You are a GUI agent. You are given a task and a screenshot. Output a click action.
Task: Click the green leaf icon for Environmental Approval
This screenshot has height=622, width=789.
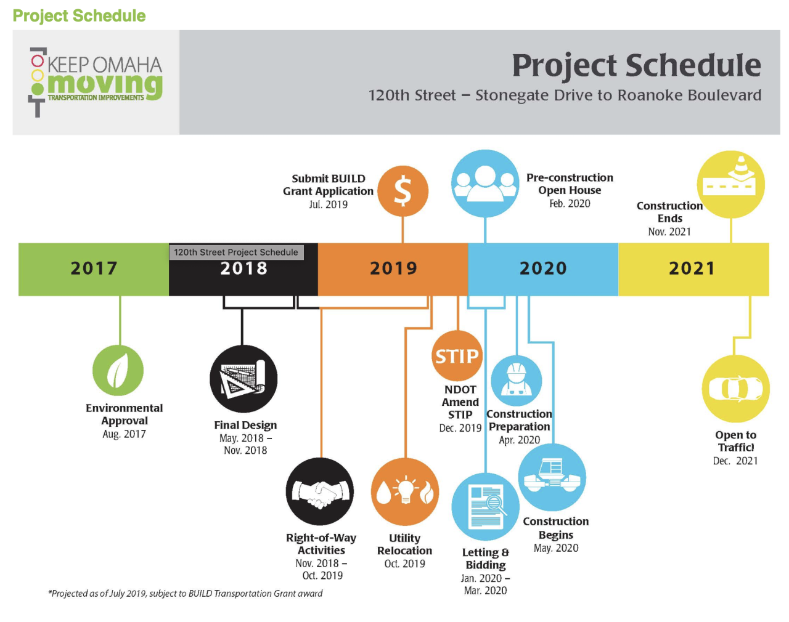118,370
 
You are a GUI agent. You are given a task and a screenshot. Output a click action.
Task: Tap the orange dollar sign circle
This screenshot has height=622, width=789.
403,191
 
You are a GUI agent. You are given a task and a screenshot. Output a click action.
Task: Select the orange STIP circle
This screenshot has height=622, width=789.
457,356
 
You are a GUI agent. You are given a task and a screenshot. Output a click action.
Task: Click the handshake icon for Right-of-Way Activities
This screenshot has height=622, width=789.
320,491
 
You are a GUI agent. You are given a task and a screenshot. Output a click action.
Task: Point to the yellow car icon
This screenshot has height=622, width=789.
735,389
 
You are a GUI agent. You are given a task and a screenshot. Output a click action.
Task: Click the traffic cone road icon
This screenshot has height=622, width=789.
730,184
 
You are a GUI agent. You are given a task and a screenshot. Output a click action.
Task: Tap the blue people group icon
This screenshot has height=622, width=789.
485,184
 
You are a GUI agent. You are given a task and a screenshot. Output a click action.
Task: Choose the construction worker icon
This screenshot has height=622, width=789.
516,381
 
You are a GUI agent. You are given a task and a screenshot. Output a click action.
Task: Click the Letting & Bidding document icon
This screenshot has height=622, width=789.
486,507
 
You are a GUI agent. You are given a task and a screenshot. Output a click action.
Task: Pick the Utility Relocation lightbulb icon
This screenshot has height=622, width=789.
405,491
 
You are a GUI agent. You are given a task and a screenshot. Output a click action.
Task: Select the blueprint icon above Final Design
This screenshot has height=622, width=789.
243,378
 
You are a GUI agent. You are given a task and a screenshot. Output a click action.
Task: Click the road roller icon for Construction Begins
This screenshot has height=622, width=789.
552,477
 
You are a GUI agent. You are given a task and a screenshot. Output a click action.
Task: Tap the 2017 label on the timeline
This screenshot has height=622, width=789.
94,268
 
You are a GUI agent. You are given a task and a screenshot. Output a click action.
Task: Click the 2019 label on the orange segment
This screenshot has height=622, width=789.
393,268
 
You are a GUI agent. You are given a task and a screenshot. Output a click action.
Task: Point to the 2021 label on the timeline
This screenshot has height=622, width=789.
692,268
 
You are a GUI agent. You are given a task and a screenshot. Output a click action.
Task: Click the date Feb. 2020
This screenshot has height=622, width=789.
570,204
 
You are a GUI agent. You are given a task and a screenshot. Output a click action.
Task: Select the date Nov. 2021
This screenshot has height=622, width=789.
669,232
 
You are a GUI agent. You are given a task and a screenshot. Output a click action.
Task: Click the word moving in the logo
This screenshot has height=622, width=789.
105,85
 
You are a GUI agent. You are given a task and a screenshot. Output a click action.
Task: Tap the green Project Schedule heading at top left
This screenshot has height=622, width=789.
79,16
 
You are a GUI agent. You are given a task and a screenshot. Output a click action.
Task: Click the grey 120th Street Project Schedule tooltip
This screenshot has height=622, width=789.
236,252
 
